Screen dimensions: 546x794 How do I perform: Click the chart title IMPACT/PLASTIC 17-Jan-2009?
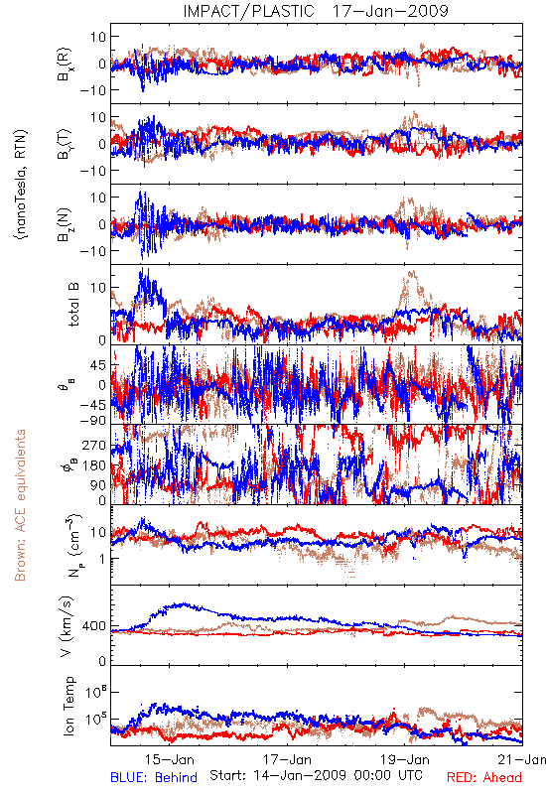316,11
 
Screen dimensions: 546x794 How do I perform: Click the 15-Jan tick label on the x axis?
169,759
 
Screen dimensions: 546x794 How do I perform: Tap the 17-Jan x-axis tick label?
287,759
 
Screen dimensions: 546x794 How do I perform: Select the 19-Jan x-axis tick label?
405,759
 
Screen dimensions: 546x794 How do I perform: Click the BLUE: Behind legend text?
154,777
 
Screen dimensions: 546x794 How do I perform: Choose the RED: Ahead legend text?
484,777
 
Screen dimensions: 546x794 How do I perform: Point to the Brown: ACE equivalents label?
20,505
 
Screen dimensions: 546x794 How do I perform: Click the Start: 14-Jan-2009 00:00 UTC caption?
316,775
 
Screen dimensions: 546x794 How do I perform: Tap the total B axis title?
72,304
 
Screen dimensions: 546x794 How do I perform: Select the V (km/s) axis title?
67,626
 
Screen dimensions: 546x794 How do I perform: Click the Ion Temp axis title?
68,706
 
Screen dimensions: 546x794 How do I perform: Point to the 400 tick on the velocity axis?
94,626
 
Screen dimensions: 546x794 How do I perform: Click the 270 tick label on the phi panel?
94,446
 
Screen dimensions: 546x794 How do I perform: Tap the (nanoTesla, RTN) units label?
21,185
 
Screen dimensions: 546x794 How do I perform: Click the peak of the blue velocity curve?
184,604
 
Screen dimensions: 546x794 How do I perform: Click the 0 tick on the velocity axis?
103,661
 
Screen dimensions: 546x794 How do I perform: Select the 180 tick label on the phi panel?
94,465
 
